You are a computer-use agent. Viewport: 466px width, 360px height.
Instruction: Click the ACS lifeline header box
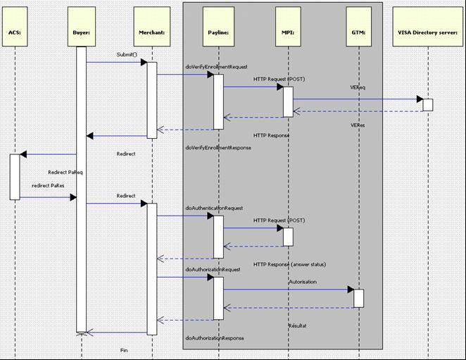click(15, 27)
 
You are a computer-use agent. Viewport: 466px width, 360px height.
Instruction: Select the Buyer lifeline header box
click(82, 27)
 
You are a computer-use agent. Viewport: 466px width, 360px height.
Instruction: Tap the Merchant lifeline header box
click(152, 27)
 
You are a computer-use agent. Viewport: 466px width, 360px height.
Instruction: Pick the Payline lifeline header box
click(218, 27)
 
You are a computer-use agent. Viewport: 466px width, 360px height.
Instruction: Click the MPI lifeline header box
click(288, 27)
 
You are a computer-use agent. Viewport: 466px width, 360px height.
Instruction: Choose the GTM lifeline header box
click(359, 27)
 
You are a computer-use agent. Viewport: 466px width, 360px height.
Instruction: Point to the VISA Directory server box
click(428, 27)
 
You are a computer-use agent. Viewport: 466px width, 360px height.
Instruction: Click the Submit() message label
click(127, 54)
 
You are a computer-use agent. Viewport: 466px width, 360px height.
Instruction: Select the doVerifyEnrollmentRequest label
click(216, 67)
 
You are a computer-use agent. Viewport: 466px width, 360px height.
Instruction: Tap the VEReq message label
click(358, 87)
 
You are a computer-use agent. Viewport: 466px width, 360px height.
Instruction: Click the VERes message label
click(358, 125)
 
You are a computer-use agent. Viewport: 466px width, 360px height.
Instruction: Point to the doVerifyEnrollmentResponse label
click(218, 147)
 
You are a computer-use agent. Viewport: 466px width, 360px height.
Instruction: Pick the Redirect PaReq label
click(65, 173)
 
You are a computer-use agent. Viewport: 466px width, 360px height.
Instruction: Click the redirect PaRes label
click(48, 185)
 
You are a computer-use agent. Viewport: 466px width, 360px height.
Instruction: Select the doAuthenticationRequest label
click(214, 208)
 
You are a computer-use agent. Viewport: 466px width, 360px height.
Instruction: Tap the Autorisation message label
click(303, 282)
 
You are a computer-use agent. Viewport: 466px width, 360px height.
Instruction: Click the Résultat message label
click(298, 325)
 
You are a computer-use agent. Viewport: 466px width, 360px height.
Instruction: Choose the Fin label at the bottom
click(124, 350)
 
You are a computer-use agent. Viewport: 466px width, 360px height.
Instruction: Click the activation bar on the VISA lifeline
click(428, 105)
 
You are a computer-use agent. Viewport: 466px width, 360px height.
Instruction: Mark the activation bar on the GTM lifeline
click(358, 299)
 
